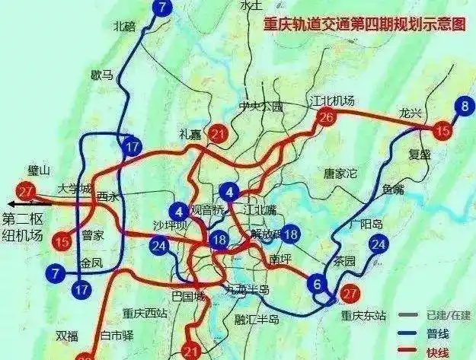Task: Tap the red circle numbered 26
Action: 326,117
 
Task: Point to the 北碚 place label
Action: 123,25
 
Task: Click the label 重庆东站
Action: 364,315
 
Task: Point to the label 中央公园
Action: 260,106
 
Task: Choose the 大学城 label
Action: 74,188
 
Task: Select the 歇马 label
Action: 101,75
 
